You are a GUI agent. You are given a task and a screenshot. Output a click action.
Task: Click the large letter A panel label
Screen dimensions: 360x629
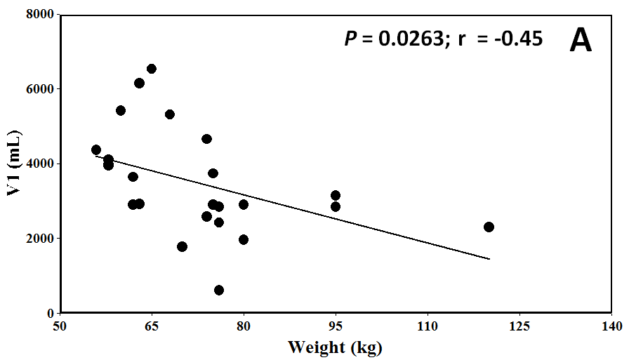(x=581, y=40)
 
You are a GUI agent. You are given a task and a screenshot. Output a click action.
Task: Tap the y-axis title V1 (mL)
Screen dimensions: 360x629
(x=13, y=164)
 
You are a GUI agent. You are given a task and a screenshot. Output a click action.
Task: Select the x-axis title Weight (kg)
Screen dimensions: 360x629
(x=335, y=347)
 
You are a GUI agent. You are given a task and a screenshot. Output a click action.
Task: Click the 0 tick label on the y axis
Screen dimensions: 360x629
(x=51, y=313)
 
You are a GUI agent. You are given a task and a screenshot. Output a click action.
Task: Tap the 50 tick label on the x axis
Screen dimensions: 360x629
(x=60, y=326)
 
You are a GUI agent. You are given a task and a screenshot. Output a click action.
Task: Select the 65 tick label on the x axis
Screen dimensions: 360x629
(x=152, y=326)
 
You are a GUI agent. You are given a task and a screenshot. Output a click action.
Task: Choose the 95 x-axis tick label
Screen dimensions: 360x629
(x=336, y=326)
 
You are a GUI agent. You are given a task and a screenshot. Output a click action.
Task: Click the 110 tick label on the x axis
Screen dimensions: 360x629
(x=428, y=326)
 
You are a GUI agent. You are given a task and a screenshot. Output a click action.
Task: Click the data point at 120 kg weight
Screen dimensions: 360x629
(x=489, y=227)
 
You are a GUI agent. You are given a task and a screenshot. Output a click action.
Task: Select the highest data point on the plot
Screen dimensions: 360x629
(x=152, y=69)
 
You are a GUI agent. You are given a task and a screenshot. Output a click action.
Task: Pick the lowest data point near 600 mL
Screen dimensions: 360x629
(x=219, y=290)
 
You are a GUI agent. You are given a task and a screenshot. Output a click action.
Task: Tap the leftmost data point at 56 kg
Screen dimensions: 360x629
(x=96, y=149)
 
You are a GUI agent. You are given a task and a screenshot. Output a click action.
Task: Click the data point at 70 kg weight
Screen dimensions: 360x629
(x=183, y=246)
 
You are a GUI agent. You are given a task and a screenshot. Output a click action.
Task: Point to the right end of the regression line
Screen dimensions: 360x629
(x=489, y=259)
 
